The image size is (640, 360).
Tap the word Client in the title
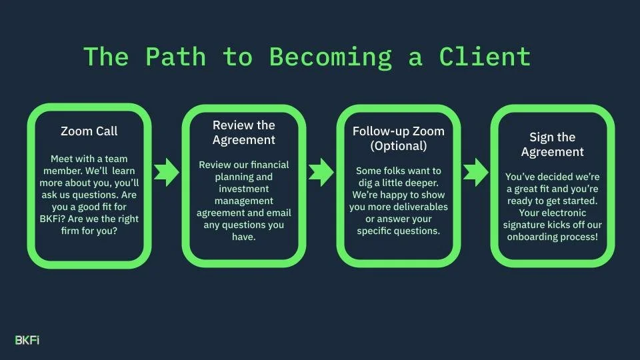pyautogui.click(x=485, y=57)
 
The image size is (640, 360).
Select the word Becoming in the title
pyautogui.click(x=331, y=57)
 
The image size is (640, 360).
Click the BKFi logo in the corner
pyautogui.click(x=27, y=340)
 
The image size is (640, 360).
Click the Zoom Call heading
pyautogui.click(x=89, y=131)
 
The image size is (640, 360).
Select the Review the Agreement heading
pyautogui.click(x=243, y=133)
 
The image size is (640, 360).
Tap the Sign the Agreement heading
pyautogui.click(x=552, y=144)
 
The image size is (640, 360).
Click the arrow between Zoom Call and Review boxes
pyautogui.click(x=167, y=172)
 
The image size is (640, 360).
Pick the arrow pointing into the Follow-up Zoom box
pyautogui.click(x=321, y=172)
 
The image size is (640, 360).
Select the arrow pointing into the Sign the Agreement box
pyautogui.click(x=475, y=172)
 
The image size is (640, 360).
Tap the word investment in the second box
pyautogui.click(x=243, y=189)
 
